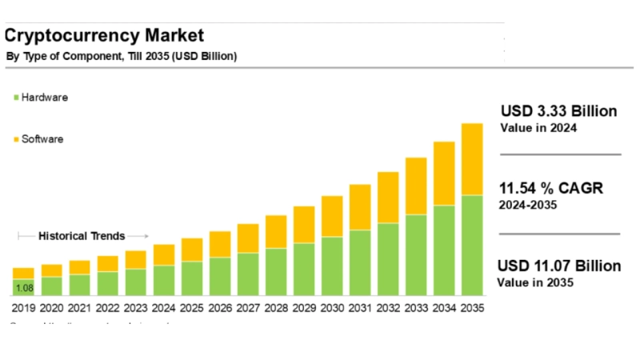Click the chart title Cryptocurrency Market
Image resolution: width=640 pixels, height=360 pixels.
104,35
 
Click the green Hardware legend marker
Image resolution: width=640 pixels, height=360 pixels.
15,98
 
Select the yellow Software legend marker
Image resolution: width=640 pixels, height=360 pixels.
15,140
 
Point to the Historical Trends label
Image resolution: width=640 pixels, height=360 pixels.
82,236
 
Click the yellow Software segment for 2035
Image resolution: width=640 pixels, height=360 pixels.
472,159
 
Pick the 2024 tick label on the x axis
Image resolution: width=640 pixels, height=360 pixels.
164,307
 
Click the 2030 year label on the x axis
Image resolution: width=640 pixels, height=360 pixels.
332,307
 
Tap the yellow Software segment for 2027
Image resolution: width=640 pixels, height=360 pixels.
248,238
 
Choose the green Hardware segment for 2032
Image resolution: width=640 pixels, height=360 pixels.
388,259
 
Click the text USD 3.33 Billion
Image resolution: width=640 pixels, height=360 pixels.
558,111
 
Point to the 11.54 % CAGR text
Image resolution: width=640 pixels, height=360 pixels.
550,189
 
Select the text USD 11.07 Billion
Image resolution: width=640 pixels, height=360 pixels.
558,266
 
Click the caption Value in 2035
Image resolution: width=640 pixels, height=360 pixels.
534,282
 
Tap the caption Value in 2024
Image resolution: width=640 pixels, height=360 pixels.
538,128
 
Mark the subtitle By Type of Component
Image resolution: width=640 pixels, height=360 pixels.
64,56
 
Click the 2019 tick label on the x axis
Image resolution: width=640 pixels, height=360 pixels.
24,307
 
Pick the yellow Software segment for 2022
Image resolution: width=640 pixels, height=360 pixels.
108,264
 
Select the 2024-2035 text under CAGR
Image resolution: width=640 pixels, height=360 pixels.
528,205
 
